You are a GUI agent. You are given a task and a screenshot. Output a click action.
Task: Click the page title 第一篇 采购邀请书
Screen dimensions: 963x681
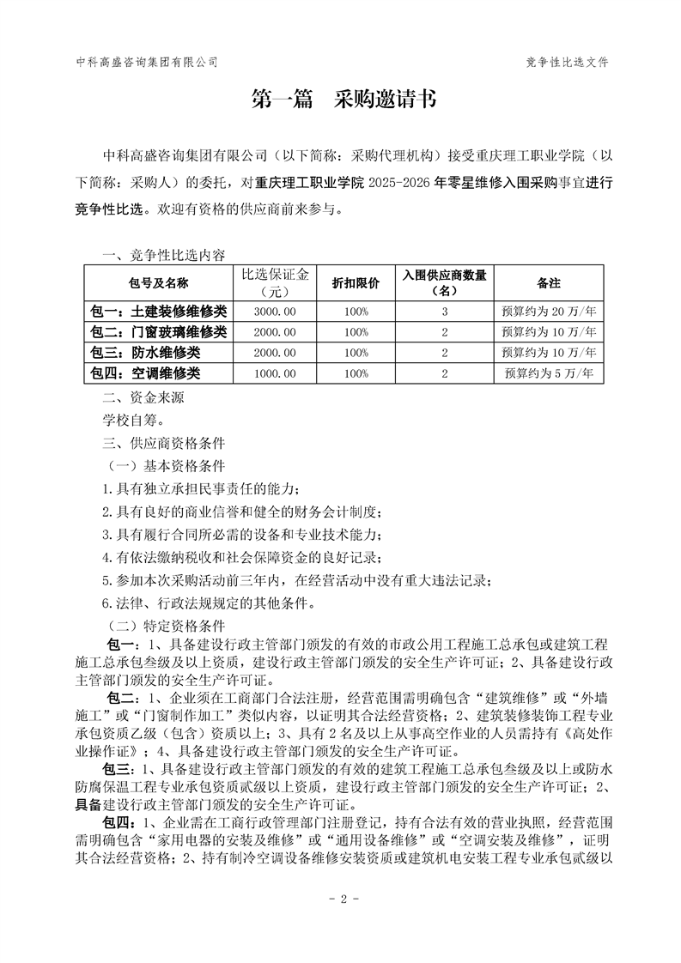343,100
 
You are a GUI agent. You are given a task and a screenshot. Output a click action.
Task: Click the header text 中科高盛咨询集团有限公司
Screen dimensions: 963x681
146,62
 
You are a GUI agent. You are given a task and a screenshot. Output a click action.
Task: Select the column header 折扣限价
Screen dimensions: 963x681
362,282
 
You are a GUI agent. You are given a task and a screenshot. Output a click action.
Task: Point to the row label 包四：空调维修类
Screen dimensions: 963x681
145,372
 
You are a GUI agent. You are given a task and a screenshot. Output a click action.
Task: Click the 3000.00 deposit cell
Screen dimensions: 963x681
277,311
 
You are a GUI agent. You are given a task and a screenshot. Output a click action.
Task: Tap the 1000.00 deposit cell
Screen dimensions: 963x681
277,372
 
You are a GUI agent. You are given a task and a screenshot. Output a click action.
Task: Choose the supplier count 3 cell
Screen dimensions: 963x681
445,311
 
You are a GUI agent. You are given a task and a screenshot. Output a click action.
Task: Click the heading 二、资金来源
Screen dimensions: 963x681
143,397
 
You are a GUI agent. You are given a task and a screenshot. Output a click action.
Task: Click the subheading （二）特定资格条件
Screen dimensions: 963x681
164,626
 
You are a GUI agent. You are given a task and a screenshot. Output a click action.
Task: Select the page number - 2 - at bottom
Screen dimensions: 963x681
343,899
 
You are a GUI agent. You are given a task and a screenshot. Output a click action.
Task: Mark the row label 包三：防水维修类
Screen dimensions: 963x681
145,352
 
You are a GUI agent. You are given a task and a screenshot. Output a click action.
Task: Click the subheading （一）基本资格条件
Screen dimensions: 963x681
164,466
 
